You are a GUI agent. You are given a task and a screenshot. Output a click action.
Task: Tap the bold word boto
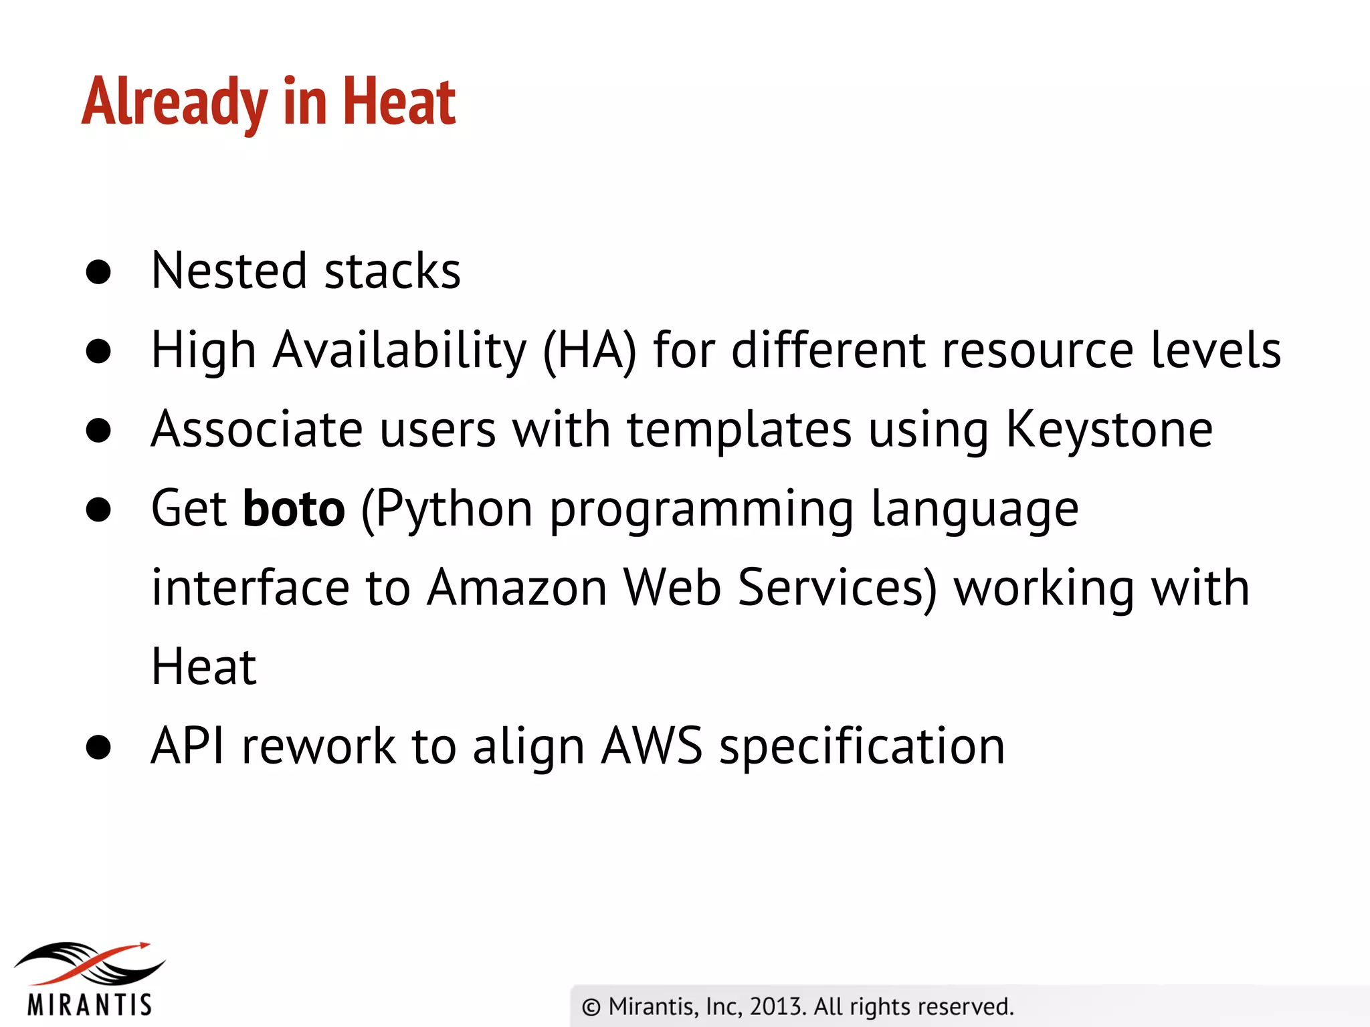point(294,509)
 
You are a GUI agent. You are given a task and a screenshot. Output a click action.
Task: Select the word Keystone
point(1109,429)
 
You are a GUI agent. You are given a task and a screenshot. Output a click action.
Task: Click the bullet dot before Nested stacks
point(98,271)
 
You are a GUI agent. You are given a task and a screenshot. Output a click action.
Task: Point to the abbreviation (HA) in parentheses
point(589,350)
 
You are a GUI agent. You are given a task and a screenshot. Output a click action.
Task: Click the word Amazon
point(517,588)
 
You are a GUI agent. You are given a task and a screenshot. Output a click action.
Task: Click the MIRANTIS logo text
point(90,1004)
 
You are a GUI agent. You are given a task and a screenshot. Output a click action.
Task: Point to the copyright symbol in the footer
point(591,1007)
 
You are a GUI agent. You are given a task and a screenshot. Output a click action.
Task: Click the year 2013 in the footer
point(776,1006)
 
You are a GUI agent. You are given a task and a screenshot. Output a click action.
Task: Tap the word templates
point(739,429)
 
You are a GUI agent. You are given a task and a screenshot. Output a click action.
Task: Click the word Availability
point(399,350)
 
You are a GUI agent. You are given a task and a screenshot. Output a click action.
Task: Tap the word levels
point(1215,350)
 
